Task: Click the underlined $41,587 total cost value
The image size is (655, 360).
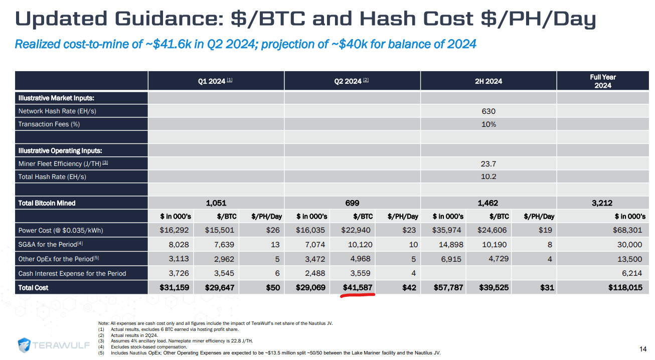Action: pos(357,288)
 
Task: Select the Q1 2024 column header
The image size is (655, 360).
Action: pos(215,81)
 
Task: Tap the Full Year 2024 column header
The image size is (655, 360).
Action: pos(602,81)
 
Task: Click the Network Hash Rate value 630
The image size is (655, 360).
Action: pos(488,111)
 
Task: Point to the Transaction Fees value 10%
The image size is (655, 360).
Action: pos(488,124)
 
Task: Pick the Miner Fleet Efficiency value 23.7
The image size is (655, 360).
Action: pos(488,163)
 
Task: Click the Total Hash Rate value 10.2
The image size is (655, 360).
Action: pos(488,176)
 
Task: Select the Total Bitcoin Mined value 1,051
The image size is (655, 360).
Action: pos(216,203)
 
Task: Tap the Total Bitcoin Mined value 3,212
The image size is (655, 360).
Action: pos(602,203)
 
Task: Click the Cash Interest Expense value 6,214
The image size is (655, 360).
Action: pos(631,273)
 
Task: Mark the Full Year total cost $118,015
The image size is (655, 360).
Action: pos(625,288)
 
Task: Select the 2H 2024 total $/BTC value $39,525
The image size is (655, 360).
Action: pos(493,288)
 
